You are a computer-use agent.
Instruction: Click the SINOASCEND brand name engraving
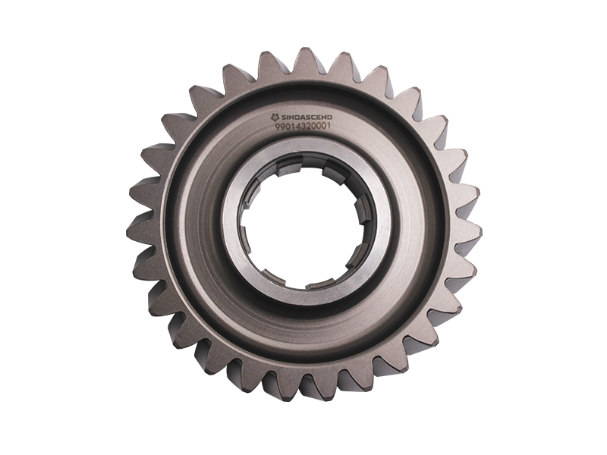[x=307, y=118]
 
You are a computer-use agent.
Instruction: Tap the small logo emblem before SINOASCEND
[x=275, y=118]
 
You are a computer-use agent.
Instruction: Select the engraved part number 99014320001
[x=303, y=127]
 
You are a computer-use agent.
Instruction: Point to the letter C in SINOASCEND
[x=313, y=118]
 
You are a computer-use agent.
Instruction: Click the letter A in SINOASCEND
[x=302, y=118]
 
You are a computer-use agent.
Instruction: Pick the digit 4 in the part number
[x=298, y=126]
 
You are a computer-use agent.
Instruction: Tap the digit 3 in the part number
[x=304, y=126]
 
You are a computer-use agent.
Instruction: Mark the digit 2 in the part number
[x=309, y=126]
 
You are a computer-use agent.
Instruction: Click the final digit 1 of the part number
[x=329, y=125]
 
